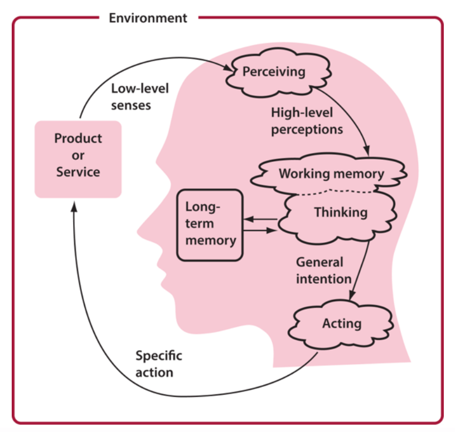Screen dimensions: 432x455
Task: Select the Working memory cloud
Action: point(331,173)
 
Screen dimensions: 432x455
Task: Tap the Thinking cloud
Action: point(340,213)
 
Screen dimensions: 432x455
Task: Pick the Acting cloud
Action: point(341,323)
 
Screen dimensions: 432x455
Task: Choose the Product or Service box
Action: point(78,155)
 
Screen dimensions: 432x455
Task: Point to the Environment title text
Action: point(148,18)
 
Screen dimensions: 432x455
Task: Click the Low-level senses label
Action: point(132,96)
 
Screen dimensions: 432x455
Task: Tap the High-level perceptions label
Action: point(307,121)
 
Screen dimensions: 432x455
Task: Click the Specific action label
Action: point(158,364)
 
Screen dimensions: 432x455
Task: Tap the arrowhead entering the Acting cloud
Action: point(352,300)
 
